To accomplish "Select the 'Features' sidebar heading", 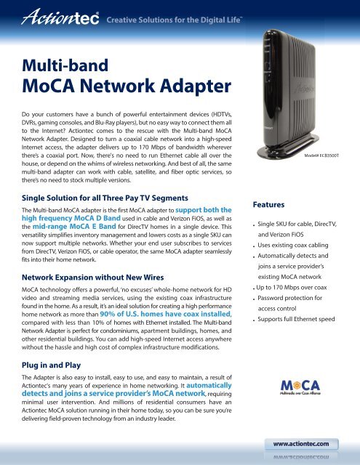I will point(271,206).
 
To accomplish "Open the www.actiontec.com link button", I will point(305,441).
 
